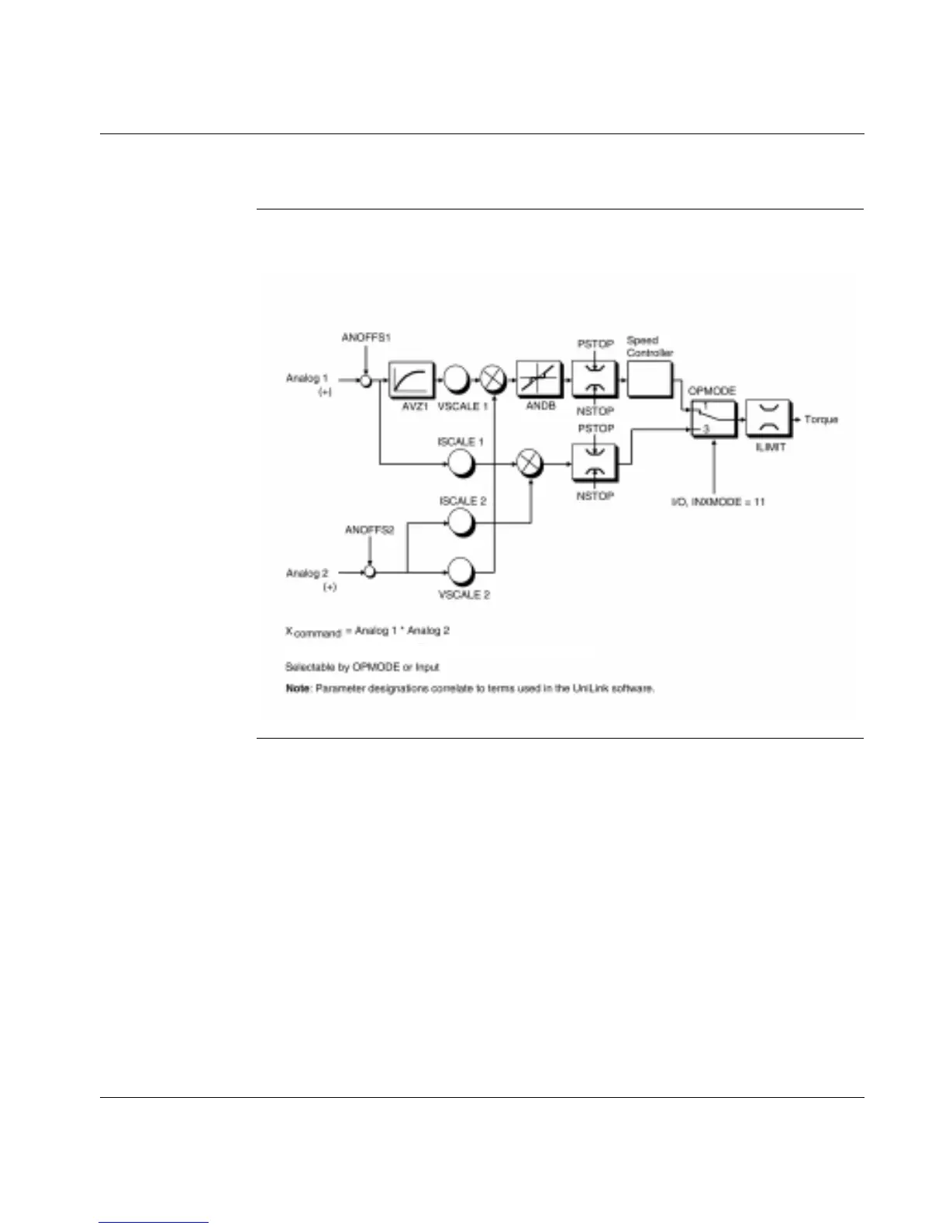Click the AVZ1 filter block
[410, 379]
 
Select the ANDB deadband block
[539, 379]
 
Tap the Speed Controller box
[648, 379]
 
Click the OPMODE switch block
[713, 420]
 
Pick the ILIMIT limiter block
[768, 420]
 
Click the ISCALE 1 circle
[461, 464]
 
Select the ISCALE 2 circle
[461, 522]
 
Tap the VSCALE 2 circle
[461, 573]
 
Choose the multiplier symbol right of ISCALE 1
[530, 464]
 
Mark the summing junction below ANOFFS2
[370, 573]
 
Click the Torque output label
[820, 420]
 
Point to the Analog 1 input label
[307, 379]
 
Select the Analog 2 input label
[307, 573]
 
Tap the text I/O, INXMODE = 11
[717, 502]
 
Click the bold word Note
[297, 688]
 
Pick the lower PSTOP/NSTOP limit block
[595, 464]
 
